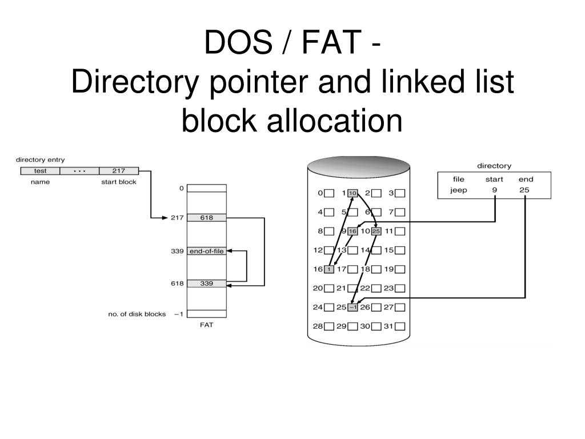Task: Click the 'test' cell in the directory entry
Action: (40, 171)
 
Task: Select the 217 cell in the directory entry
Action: (118, 171)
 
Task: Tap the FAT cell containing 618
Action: (207, 218)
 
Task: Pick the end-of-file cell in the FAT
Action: (207, 252)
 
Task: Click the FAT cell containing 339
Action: (207, 284)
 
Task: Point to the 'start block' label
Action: (119, 182)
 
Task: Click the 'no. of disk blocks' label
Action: (137, 314)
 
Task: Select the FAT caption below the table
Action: (207, 325)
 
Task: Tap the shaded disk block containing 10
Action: (352, 193)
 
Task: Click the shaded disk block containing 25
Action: (376, 232)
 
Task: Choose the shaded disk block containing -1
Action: (352, 308)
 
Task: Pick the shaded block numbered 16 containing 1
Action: (329, 269)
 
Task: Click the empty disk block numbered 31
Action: (400, 326)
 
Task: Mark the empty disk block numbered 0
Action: (329, 193)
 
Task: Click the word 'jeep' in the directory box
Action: (458, 190)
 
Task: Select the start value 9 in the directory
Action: (494, 190)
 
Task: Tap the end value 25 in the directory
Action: (525, 190)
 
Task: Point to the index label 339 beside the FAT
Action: (177, 252)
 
